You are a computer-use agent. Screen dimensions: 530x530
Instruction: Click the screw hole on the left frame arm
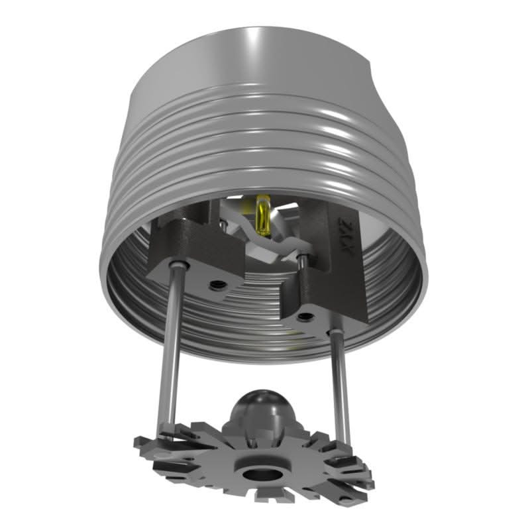point(216,286)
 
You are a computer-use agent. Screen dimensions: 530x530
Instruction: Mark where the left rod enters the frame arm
point(177,266)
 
